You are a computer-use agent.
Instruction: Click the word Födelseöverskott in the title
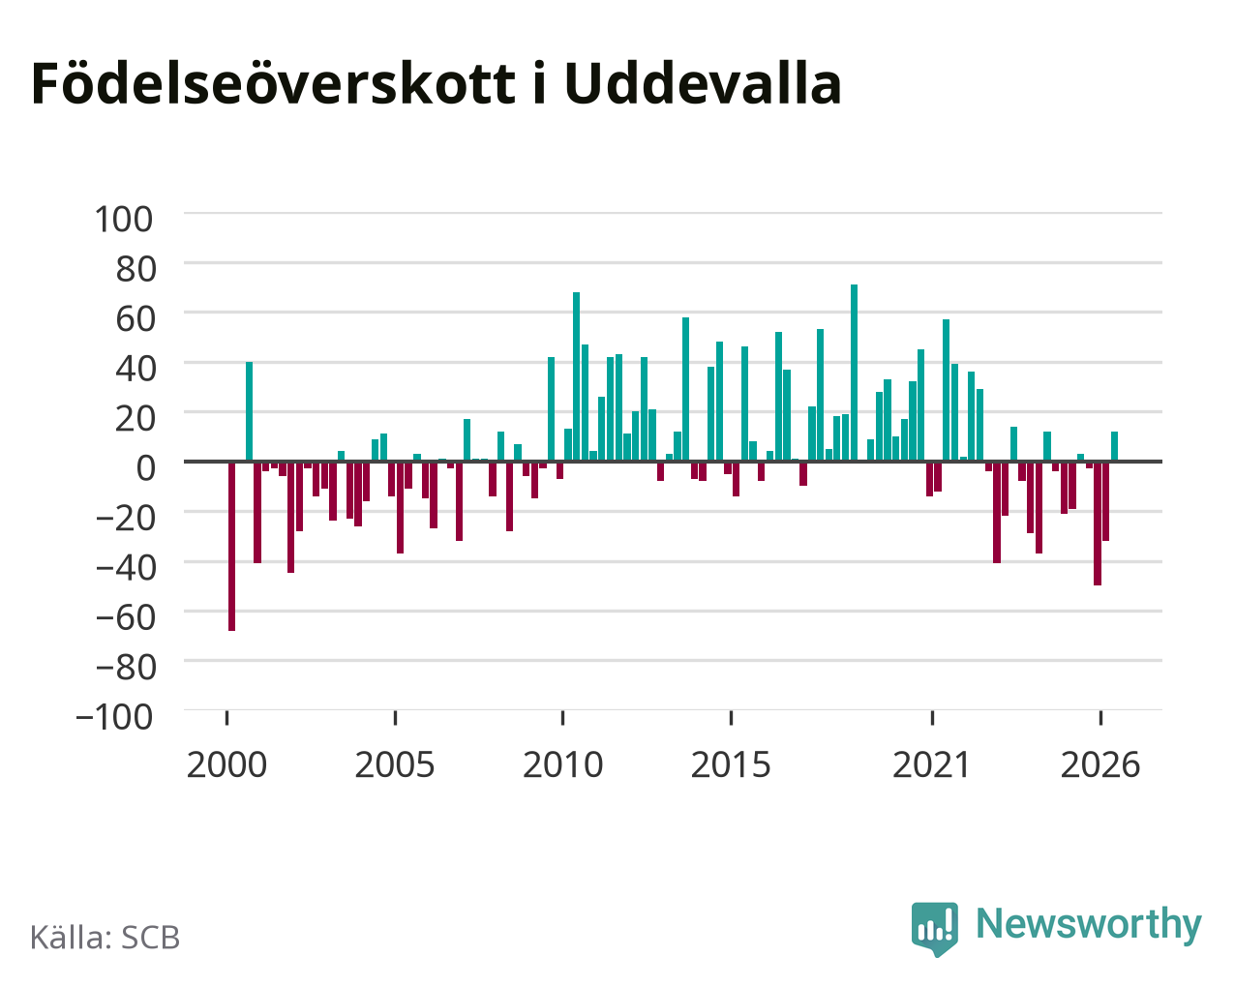point(274,84)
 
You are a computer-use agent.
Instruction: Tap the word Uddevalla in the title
point(703,83)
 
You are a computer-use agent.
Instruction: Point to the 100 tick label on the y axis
point(124,219)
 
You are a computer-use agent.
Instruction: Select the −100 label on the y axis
point(115,717)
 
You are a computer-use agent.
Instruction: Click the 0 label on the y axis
point(146,467)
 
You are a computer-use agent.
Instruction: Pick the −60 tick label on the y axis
point(126,617)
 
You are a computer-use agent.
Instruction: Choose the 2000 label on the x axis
point(226,764)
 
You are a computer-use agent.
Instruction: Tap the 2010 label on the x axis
point(562,764)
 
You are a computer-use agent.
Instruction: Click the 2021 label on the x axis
point(931,764)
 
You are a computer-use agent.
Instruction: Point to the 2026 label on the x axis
point(1099,764)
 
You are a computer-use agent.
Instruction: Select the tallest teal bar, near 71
point(854,373)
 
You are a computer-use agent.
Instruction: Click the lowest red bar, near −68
point(231,546)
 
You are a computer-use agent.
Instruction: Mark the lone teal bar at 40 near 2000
point(249,411)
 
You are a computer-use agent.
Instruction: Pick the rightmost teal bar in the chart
point(1114,446)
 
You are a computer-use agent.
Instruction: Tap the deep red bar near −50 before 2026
point(1098,523)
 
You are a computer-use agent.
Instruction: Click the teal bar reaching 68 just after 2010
point(576,376)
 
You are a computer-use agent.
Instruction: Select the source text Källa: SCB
point(105,938)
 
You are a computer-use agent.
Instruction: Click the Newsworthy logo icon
point(934,929)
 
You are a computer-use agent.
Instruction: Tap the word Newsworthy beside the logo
point(1089,924)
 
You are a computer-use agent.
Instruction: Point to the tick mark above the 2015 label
point(731,718)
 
